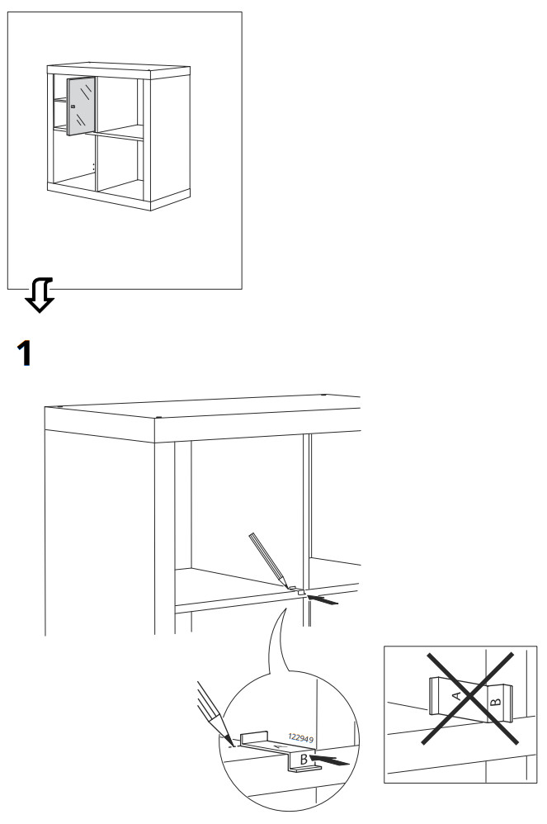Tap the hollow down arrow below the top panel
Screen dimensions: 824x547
coord(40,296)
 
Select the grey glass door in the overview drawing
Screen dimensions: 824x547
coord(80,105)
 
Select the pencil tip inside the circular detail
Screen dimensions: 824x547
coord(230,741)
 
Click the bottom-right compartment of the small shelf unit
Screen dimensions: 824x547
coord(120,166)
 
